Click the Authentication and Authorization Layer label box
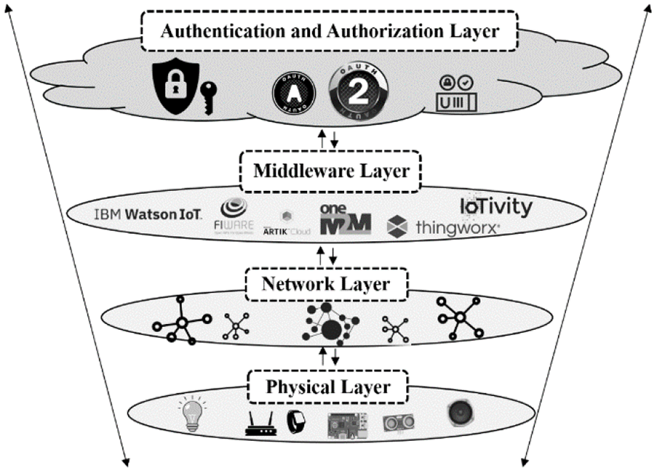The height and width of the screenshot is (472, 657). coord(328,32)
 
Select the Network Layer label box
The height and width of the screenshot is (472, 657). coord(328,283)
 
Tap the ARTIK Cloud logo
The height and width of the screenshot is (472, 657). coord(286,223)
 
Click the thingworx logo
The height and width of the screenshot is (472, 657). coord(442,226)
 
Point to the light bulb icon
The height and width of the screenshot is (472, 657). coord(191,412)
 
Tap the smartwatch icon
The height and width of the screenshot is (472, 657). coord(294,422)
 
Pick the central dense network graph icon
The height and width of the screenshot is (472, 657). coord(331,323)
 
